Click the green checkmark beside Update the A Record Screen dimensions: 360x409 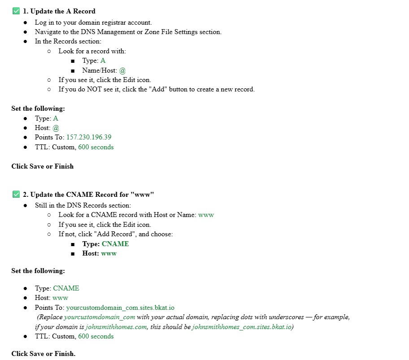[x=16, y=11]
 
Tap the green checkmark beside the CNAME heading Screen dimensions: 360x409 [x=16, y=195]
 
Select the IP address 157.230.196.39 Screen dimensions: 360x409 [x=89, y=137]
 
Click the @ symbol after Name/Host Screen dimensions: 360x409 [x=122, y=70]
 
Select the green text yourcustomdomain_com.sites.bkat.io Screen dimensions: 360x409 [x=120, y=308]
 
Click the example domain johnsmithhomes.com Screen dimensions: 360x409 [x=116, y=327]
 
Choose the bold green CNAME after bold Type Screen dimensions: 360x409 [x=115, y=244]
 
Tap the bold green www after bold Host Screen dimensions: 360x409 [x=109, y=253]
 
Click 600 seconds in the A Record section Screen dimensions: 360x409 [x=96, y=147]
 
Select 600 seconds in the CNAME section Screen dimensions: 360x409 [x=96, y=336]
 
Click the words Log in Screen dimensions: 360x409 [x=44, y=22]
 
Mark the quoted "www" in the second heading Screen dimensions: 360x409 [x=143, y=195]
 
